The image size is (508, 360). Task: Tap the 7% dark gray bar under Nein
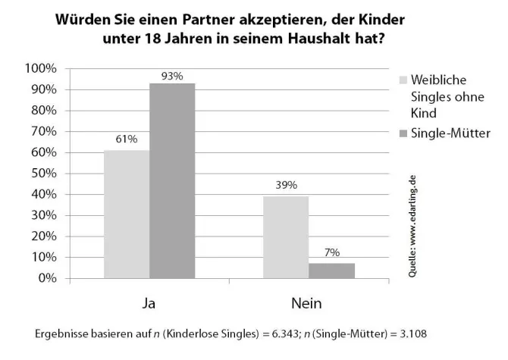pos(331,271)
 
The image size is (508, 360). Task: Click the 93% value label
pos(172,76)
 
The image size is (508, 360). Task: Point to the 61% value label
pos(126,139)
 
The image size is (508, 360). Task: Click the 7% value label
pos(332,252)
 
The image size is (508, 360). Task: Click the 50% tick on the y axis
pos(44,174)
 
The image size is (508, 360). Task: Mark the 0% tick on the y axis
pos(46,278)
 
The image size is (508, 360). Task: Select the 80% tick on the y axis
pos(44,111)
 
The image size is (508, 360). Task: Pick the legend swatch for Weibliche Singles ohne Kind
pos(403,80)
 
